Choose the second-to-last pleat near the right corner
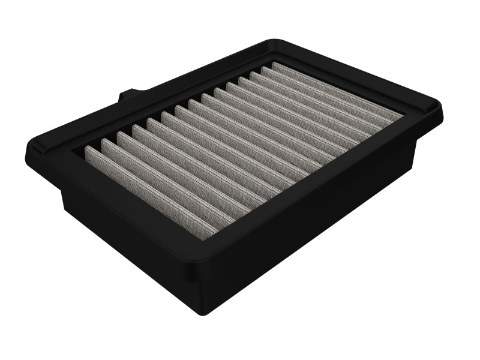[324, 97]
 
